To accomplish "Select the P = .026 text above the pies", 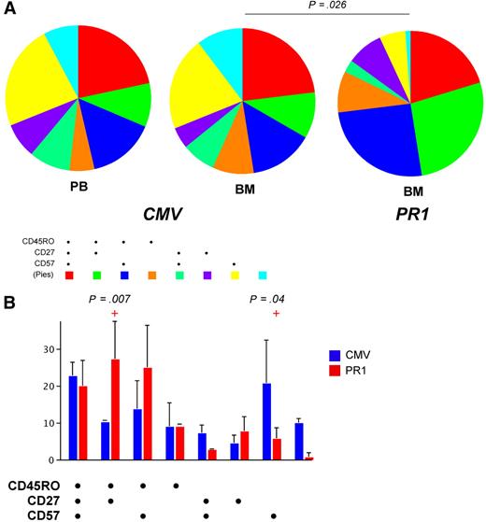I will (327, 7).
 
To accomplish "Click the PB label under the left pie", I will (79, 187).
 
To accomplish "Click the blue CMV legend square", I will (363, 354).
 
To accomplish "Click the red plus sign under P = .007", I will (114, 313).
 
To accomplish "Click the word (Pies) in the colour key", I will (39, 275).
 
